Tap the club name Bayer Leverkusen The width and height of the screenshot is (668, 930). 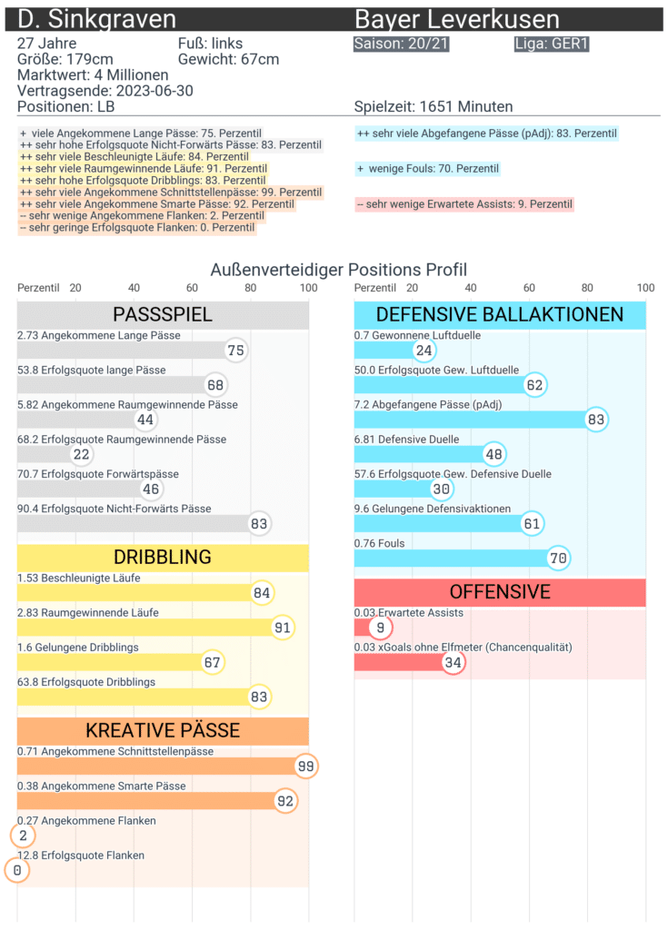(x=457, y=20)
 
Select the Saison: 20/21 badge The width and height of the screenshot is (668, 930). (x=401, y=44)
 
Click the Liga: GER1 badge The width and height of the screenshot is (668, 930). (x=552, y=44)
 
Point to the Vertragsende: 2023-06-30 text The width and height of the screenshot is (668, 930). (x=105, y=91)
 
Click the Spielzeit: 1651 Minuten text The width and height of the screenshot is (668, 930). (x=434, y=107)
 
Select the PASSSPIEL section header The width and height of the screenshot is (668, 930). (x=163, y=315)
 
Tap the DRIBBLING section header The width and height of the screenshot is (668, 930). (x=163, y=557)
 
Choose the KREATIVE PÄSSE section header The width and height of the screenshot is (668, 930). (x=163, y=730)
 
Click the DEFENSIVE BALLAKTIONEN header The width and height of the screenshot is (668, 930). (x=500, y=315)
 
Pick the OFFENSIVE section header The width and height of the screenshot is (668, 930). (x=500, y=592)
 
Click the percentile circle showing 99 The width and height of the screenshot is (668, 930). (x=306, y=767)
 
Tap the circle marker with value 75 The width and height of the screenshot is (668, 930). (x=236, y=351)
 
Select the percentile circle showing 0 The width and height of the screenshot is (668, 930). (x=16, y=871)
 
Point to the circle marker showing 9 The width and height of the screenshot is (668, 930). (x=381, y=628)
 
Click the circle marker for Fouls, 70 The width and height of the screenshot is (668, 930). (x=559, y=558)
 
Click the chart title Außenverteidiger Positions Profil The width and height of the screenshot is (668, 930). (x=338, y=270)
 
